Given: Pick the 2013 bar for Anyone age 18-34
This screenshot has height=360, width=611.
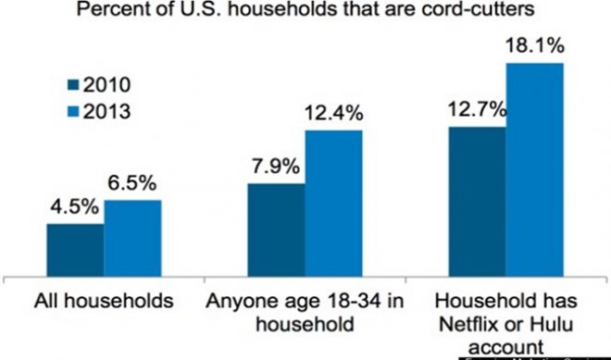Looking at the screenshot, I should point(333,202).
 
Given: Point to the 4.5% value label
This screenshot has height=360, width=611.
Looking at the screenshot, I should point(74,208).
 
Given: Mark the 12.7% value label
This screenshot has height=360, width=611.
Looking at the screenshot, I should point(475,111).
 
